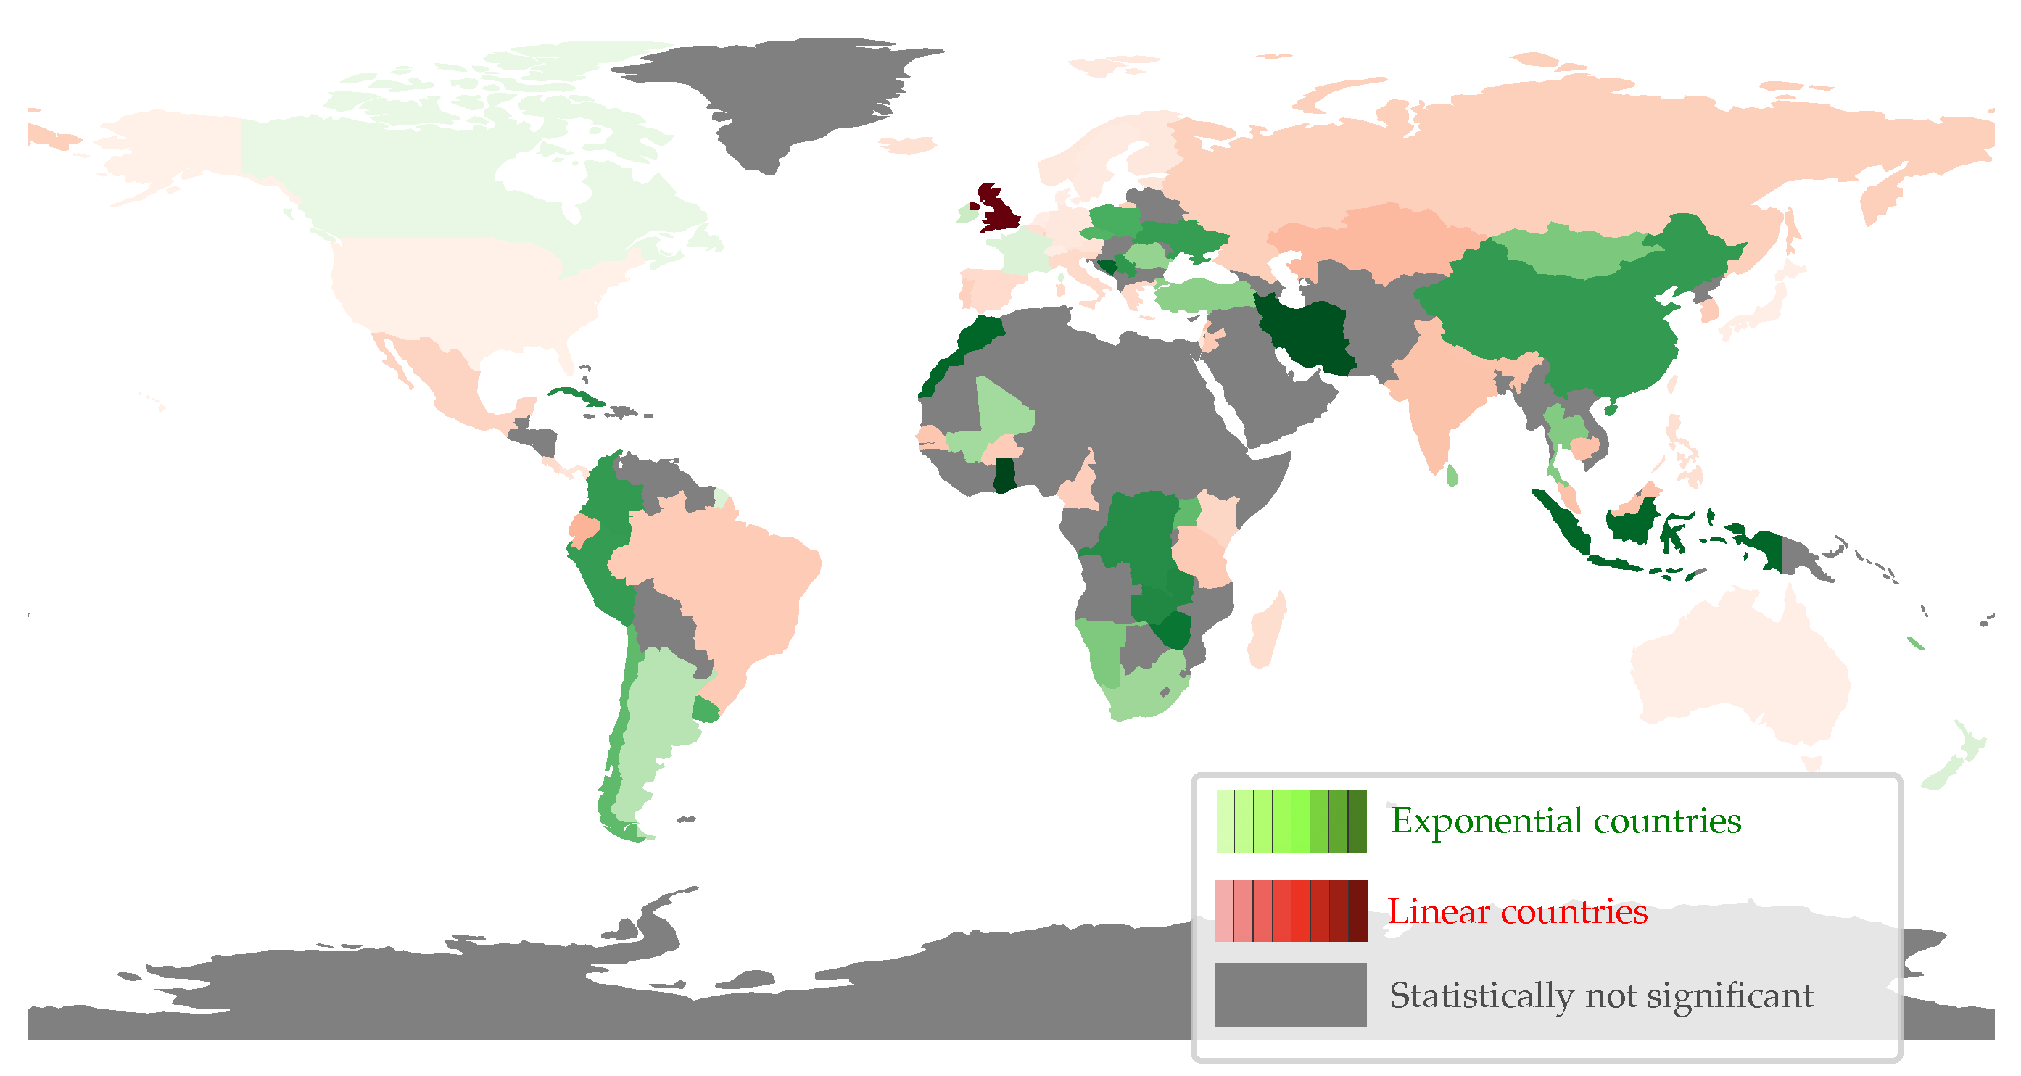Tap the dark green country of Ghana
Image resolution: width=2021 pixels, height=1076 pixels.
coord(1004,475)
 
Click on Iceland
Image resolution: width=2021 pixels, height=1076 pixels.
coord(908,145)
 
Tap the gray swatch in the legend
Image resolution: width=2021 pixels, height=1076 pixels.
coord(1291,995)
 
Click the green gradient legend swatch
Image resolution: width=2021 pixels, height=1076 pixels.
coord(1291,821)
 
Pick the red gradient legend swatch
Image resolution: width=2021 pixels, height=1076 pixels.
coord(1291,911)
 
